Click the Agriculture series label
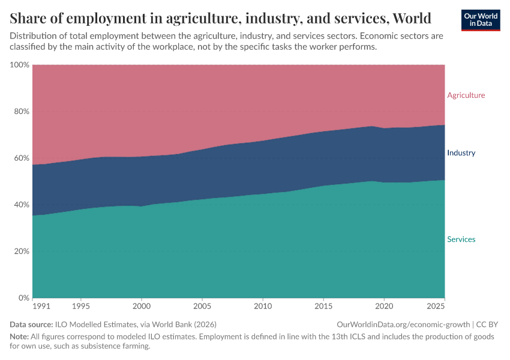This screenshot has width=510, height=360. pyautogui.click(x=466, y=95)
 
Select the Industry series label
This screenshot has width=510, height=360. pyautogui.click(x=461, y=153)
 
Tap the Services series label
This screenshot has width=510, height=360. pyautogui.click(x=461, y=239)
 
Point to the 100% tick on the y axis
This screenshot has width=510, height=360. pyautogui.click(x=20, y=65)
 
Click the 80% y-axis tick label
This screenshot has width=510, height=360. pyautogui.click(x=22, y=112)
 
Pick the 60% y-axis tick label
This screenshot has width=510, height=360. pyautogui.click(x=22, y=158)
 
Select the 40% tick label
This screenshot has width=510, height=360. pyautogui.click(x=22, y=205)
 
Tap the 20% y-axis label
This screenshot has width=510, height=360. pyautogui.click(x=22, y=251)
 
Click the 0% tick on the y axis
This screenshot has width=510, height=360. pyautogui.click(x=24, y=298)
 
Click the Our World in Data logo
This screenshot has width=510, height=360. pyautogui.click(x=480, y=20)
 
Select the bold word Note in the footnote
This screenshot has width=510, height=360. pyautogui.click(x=20, y=337)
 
